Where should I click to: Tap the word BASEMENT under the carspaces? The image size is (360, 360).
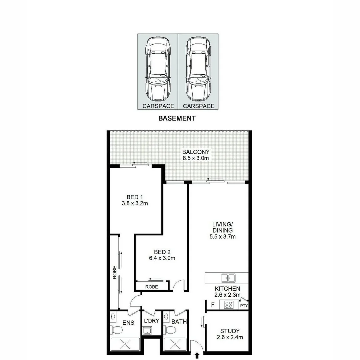(x=177, y=118)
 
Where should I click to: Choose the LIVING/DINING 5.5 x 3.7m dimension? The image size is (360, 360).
(x=222, y=237)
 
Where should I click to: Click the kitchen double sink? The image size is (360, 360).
(x=228, y=277)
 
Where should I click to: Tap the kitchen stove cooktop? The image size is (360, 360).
(x=229, y=304)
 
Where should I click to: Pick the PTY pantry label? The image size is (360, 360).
(x=244, y=306)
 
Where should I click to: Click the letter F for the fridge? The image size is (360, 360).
(x=213, y=304)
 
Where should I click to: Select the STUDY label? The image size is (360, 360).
(x=230, y=331)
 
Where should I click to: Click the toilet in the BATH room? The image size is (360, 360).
(x=171, y=330)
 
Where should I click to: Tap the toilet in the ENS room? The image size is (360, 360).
(x=117, y=330)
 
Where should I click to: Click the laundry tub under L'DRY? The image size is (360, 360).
(x=147, y=331)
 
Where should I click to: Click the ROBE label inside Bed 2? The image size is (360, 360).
(x=151, y=287)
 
